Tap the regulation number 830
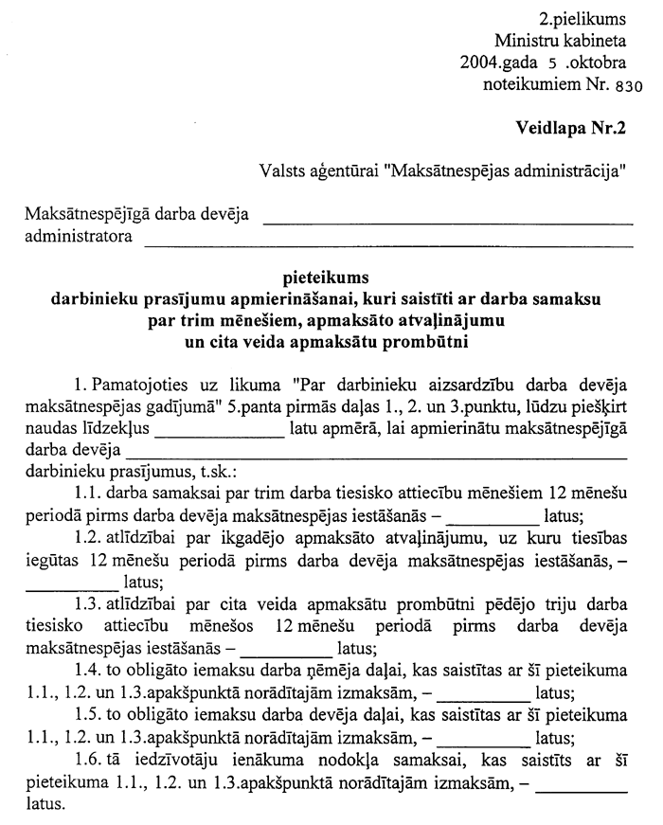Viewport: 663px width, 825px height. (x=627, y=84)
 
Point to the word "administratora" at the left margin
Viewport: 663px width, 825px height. (x=79, y=235)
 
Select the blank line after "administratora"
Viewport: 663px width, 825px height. (x=388, y=244)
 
